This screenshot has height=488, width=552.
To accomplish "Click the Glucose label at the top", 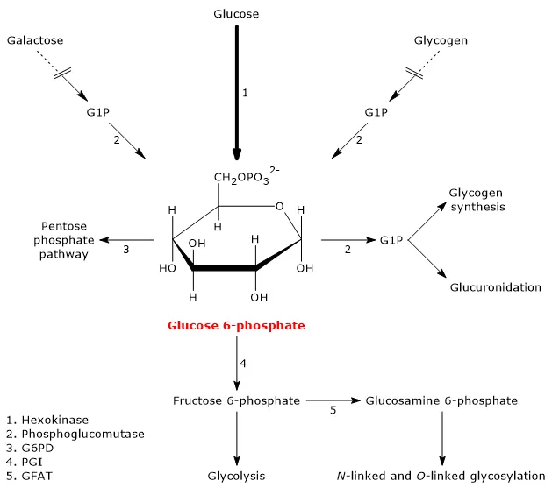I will pos(236,13).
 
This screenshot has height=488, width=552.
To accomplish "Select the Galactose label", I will pos(34,40).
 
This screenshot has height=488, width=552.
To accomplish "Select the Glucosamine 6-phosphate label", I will pos(441,400).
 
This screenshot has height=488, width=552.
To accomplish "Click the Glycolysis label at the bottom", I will pos(236,476).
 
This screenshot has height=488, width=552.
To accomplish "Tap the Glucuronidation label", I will pos(496,287).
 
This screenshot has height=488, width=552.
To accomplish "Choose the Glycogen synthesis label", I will pos(477,200).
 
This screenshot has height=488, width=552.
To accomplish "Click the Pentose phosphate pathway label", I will pos(61,239).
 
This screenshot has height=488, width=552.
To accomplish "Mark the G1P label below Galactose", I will pos(98,112).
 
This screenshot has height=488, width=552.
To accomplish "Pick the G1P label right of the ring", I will pos(391,239).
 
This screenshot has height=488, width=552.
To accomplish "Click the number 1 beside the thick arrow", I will pos(246,93).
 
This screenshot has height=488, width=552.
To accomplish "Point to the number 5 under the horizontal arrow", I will pos(333,410).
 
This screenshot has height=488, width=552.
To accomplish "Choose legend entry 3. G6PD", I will pos(30,447).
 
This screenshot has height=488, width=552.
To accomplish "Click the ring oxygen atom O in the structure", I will pos(279,207).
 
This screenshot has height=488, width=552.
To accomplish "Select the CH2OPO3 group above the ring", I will pos(245,180).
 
